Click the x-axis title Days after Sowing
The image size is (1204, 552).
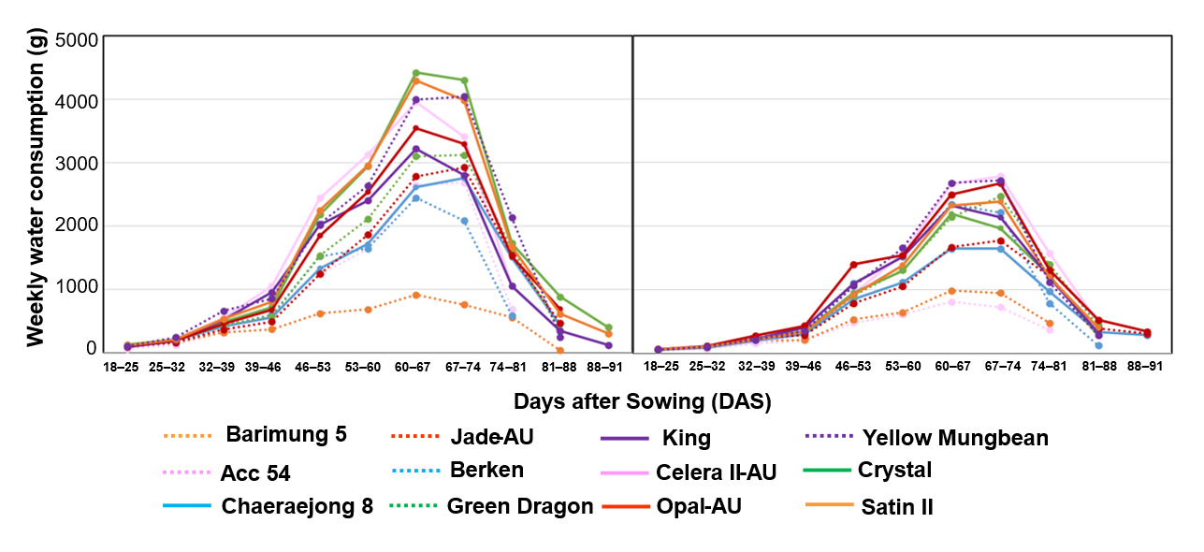642,401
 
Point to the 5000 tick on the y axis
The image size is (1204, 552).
79,40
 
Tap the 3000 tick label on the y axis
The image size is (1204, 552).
79,164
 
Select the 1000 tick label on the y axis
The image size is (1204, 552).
79,288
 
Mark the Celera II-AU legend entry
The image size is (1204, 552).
717,472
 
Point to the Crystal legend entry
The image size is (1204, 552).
894,470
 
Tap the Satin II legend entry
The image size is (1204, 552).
897,507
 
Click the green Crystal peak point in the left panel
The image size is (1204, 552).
415,72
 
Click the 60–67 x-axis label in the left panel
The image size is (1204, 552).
413,368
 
